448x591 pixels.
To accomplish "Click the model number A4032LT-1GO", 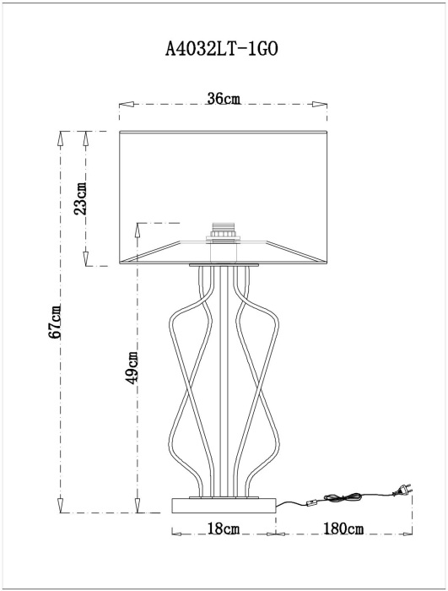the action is (x=222, y=49).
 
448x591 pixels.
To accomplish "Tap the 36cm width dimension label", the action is (x=224, y=99).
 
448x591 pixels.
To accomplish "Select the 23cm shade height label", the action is (x=80, y=198).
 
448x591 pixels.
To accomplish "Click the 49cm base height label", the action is (x=132, y=366).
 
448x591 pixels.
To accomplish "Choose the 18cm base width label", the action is (x=224, y=529).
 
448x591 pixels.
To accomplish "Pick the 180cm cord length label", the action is (x=343, y=529).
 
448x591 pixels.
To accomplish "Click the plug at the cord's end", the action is (x=402, y=489).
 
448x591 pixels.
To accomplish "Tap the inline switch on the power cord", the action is (x=311, y=502).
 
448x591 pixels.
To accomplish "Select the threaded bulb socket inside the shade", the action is (x=224, y=230).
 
